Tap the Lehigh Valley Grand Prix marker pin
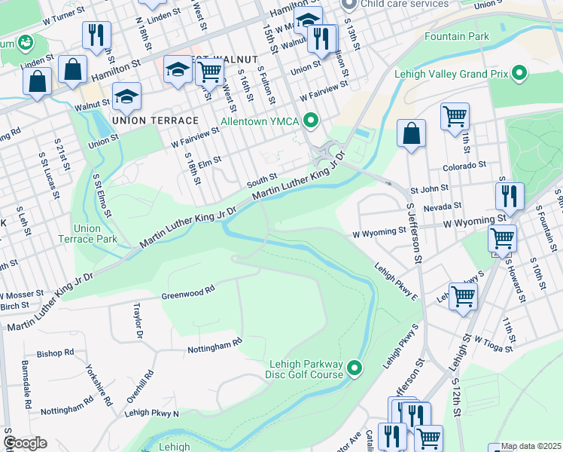(519, 73)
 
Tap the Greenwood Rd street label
(188, 292)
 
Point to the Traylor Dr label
(137, 320)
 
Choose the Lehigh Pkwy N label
(152, 413)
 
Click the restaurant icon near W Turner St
(97, 35)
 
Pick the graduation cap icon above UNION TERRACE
(127, 96)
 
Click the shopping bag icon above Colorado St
(411, 133)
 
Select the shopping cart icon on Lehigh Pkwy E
(463, 296)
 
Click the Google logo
(25, 443)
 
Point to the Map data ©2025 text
(530, 446)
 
